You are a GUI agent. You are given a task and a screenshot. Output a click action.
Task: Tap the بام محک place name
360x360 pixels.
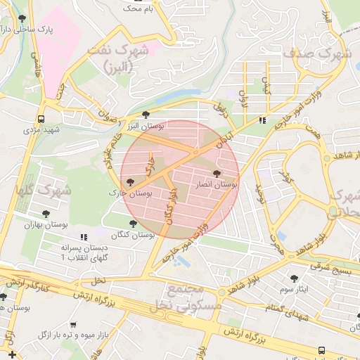(x=136, y=9)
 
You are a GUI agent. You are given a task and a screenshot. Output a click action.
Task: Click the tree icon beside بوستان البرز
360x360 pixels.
(x=146, y=115)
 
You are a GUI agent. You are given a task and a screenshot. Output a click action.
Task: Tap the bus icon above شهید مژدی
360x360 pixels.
(x=41, y=119)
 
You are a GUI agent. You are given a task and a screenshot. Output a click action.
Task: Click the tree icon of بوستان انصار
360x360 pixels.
(x=215, y=173)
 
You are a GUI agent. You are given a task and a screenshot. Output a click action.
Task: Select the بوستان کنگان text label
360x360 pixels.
(x=133, y=234)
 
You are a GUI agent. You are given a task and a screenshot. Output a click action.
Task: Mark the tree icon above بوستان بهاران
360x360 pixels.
(x=46, y=214)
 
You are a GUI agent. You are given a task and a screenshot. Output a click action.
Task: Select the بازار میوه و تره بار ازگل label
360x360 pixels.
(x=70, y=333)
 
